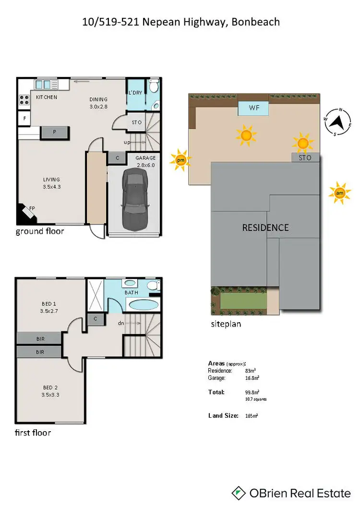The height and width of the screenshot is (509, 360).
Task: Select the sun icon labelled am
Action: click(x=339, y=193)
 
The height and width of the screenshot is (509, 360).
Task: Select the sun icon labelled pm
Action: click(x=180, y=160)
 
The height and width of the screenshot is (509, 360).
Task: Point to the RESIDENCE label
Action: click(x=265, y=227)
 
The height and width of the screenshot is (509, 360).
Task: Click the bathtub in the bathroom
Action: click(x=143, y=304)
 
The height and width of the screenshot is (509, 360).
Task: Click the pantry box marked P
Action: click(x=54, y=132)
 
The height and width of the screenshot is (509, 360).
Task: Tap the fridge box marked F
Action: click(x=24, y=117)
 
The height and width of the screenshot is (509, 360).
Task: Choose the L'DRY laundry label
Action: click(x=135, y=93)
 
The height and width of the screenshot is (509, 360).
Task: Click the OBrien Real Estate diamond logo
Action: click(x=238, y=493)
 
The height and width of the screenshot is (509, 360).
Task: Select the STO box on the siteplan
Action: click(x=305, y=158)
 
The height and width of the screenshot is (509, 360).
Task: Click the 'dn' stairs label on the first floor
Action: click(x=121, y=323)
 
